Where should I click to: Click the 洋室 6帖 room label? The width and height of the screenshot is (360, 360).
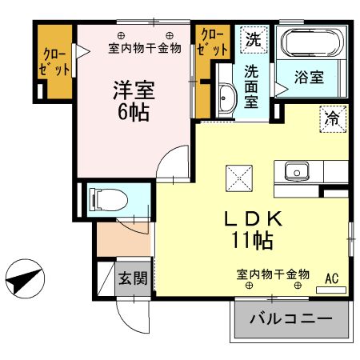[x=129, y=99]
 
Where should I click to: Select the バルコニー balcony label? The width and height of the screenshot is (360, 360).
[x=290, y=319]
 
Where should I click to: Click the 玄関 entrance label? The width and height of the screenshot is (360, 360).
[x=133, y=278]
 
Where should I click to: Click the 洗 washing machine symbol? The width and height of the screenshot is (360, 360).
[x=253, y=38]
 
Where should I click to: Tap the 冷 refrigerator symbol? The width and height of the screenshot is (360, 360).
[x=330, y=118]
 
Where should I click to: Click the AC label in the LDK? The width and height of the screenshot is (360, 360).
[x=331, y=279]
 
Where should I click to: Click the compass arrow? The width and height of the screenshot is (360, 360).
[x=24, y=281]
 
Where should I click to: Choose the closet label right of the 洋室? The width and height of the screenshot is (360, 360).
[x=212, y=42]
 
